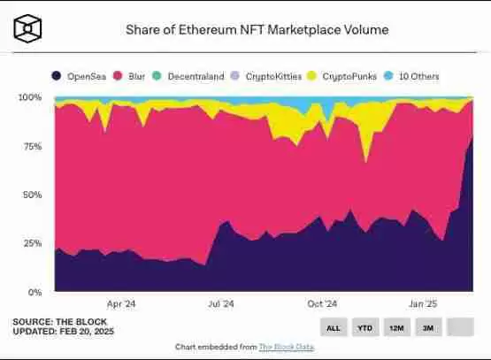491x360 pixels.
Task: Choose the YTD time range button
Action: point(364,327)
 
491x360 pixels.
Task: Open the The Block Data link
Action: point(287,347)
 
